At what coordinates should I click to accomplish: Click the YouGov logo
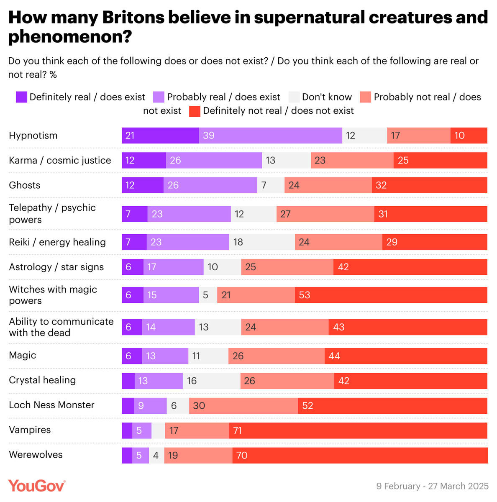click(x=37, y=486)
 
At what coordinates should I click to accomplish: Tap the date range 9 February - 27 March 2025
click(x=432, y=486)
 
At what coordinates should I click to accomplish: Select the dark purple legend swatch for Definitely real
click(x=22, y=97)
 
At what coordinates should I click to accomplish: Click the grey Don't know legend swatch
click(x=294, y=97)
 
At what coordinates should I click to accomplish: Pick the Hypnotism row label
click(x=33, y=136)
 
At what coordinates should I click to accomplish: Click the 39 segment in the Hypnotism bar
click(x=270, y=136)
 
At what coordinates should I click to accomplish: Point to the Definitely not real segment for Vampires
click(x=358, y=430)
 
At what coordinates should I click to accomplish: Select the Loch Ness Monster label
click(x=51, y=405)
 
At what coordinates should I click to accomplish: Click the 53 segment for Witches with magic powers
click(x=391, y=295)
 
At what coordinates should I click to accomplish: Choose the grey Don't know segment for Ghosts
click(x=271, y=185)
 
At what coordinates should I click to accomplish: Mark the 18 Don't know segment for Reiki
click(x=262, y=242)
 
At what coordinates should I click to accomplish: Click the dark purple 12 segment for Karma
click(x=143, y=161)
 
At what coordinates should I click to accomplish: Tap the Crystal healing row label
click(x=42, y=380)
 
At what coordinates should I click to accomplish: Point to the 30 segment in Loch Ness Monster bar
click(x=243, y=406)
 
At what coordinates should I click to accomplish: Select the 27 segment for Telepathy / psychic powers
click(x=325, y=214)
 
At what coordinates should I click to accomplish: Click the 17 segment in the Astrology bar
click(x=174, y=267)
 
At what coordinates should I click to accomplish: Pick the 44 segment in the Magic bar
click(x=406, y=356)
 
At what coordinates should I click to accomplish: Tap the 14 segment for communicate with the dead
click(x=168, y=327)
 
